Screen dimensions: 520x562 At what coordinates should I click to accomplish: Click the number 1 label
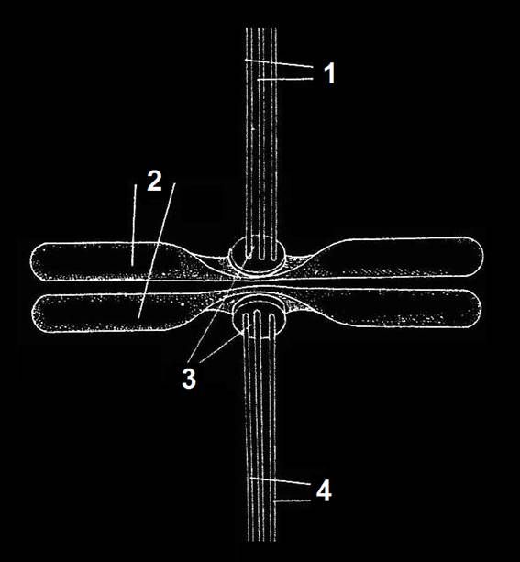click(x=329, y=72)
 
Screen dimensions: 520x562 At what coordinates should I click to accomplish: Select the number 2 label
click(x=155, y=181)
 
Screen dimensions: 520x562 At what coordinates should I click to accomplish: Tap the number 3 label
click(x=189, y=379)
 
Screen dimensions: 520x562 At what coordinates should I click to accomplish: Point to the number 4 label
click(x=324, y=490)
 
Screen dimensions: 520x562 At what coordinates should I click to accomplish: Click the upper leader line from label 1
click(x=279, y=62)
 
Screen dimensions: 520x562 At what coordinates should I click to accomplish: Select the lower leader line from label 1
click(x=285, y=79)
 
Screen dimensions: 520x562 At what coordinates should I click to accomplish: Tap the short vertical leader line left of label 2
click(x=134, y=226)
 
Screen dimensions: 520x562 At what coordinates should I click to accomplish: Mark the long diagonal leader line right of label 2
click(x=157, y=250)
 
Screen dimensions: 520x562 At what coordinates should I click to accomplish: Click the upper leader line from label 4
click(x=280, y=481)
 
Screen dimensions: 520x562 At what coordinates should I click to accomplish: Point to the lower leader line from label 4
click(x=292, y=501)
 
